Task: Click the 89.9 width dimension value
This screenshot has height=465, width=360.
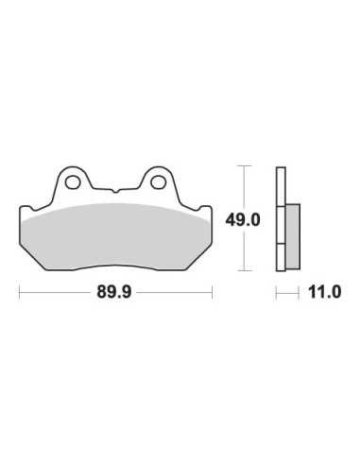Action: [113, 292]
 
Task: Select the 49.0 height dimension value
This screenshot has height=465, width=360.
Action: [243, 220]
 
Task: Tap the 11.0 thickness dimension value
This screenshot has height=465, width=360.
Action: [324, 292]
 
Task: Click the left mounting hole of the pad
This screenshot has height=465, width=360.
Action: [73, 182]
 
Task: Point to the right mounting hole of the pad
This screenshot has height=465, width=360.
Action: [158, 182]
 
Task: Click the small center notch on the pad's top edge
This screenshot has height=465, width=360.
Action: [115, 191]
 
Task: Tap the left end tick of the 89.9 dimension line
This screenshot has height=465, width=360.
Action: [20, 293]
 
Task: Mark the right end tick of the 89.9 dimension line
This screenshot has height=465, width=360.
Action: [213, 293]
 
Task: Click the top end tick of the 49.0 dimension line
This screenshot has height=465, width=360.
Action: [245, 165]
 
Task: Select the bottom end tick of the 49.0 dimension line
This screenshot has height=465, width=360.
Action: [245, 270]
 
